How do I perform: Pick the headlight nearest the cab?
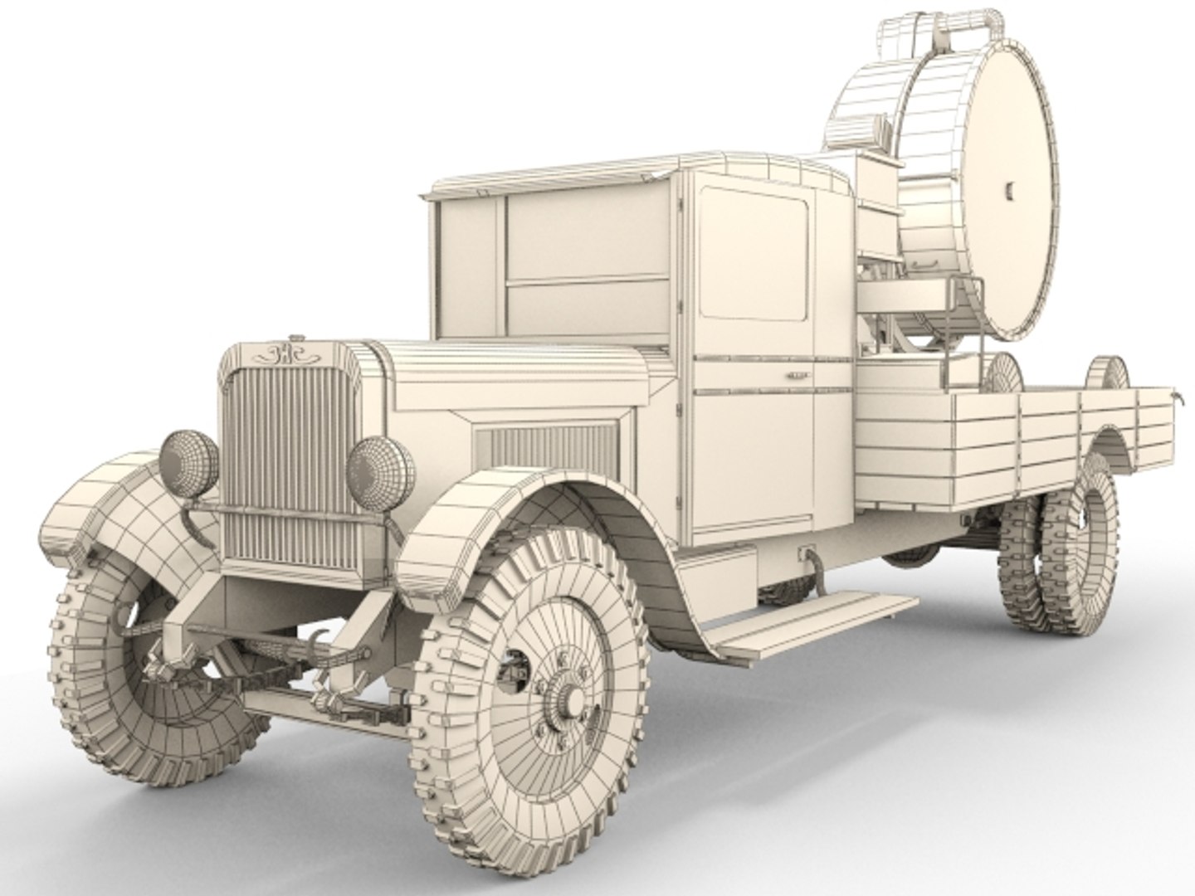(x=381, y=467)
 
